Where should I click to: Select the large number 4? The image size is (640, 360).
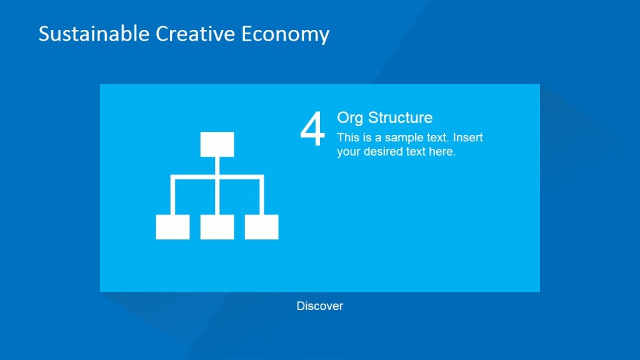pos(312,130)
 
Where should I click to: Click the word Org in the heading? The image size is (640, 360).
pos(350,118)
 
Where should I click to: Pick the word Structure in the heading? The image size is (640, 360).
pos(400,117)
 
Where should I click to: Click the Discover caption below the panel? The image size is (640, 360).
pos(320,306)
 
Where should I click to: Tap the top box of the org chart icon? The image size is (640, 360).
pos(217,144)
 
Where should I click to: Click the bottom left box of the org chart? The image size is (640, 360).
pos(172,227)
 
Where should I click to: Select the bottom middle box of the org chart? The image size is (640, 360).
pos(217,227)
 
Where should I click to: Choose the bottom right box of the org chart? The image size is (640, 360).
pos(261,227)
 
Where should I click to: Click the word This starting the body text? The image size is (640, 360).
pos(347,137)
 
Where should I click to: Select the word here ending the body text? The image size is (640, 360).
pos(442,151)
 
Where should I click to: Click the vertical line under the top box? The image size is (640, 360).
pos(217,166)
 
